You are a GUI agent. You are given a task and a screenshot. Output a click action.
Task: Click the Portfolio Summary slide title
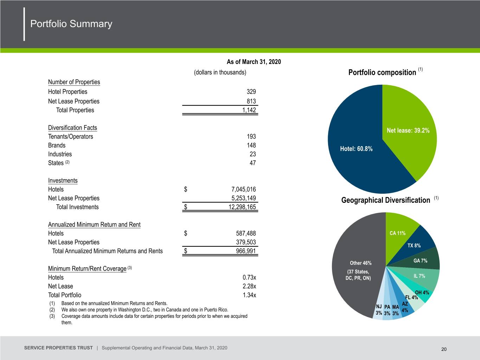tap(71, 24)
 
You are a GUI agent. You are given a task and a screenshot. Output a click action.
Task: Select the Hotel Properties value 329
tap(251, 92)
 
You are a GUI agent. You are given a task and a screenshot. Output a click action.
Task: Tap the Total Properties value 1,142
tap(249, 110)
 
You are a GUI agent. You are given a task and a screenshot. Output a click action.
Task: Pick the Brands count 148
tap(251, 145)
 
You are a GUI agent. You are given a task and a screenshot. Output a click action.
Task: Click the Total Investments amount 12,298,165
tap(242, 207)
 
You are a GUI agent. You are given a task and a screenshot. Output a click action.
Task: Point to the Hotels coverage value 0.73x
tap(249, 277)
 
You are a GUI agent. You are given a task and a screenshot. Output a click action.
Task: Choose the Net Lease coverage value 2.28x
tap(249, 286)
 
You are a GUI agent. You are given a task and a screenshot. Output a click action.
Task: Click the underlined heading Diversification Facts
tap(72, 128)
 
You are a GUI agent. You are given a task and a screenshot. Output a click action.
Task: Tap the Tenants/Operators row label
tap(70, 137)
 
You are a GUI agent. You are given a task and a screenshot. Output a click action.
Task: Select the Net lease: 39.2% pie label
tap(408, 130)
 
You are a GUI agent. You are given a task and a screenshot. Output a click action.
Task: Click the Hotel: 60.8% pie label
tap(356, 149)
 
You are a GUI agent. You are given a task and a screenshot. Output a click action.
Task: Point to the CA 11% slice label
tap(398, 233)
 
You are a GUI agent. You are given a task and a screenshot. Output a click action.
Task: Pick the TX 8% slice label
tap(414, 245)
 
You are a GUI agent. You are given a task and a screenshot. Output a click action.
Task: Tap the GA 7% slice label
tap(420, 261)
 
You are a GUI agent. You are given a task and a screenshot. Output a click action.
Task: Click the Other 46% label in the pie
tap(360, 263)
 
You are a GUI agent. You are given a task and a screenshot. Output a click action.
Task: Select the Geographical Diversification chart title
tap(385, 200)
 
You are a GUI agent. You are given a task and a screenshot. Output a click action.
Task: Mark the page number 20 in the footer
tap(444, 349)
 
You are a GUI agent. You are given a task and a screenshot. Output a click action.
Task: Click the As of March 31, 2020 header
tap(254, 62)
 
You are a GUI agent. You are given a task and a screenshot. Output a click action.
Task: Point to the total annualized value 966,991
tap(246, 251)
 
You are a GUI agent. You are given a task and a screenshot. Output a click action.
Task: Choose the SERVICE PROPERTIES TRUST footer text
tap(58, 348)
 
